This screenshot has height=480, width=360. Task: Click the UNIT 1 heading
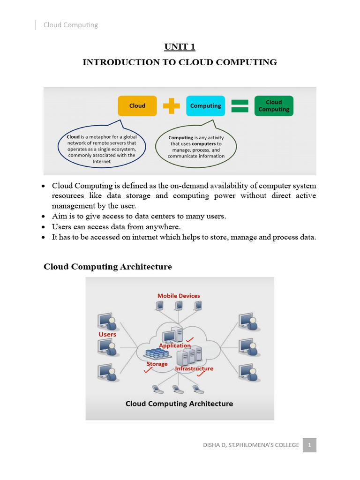coord(180,46)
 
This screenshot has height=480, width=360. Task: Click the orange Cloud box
coord(137,106)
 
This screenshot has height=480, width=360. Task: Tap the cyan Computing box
coord(205,106)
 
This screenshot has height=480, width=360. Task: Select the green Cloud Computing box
coord(274,106)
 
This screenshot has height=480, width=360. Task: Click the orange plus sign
coord(171,106)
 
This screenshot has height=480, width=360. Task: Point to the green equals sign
coord(240,106)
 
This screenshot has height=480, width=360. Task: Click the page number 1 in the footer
coord(309,445)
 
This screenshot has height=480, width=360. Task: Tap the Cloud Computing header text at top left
coord(71,25)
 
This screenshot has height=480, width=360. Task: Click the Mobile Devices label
coord(179,296)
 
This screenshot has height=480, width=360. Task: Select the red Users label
coord(107,335)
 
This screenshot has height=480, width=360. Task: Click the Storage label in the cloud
coord(157,364)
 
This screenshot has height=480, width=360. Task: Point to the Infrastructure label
coord(194,368)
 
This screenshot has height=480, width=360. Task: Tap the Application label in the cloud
coord(175,345)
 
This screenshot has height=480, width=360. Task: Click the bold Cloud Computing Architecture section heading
coord(108,267)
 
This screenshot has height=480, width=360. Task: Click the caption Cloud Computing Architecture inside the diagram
coord(179,404)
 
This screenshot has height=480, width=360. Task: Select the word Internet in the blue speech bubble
coord(101,161)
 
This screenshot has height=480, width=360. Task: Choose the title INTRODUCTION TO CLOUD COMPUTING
coord(180,62)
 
